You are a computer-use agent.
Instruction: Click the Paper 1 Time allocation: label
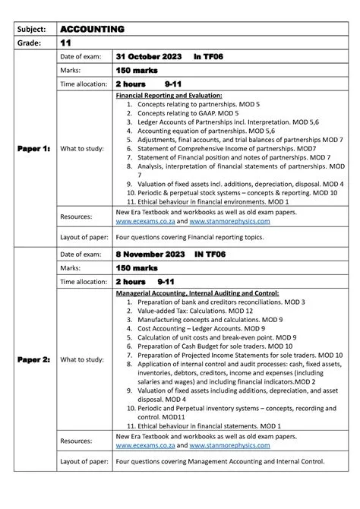[84, 84]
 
